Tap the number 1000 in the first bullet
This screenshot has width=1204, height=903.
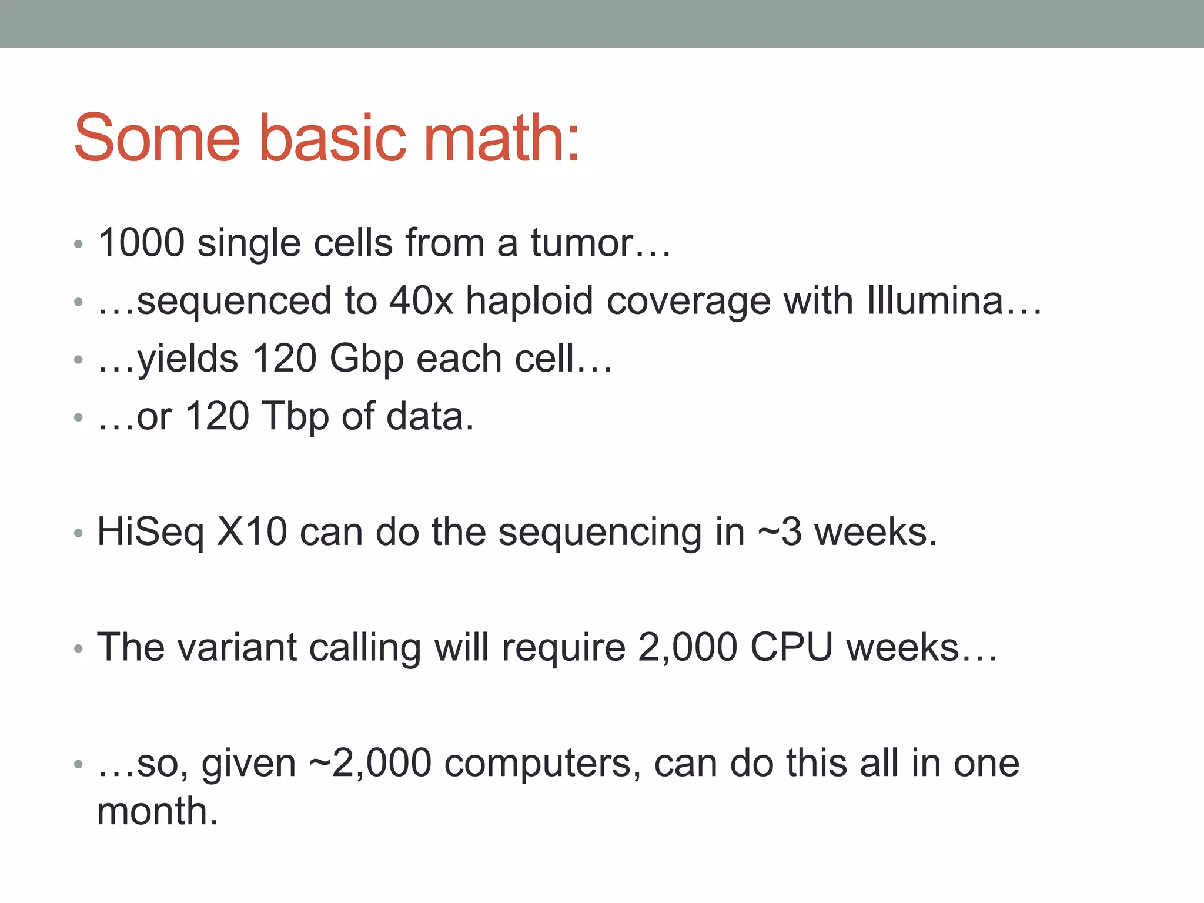[142, 242]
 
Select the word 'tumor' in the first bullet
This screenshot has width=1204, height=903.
[582, 242]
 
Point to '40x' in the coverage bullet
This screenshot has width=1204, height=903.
[421, 300]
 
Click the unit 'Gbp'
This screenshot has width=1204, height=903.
[366, 359]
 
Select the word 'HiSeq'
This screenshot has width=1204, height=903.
[150, 532]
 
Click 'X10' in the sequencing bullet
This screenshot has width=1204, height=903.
[252, 532]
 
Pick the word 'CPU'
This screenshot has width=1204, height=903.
[791, 647]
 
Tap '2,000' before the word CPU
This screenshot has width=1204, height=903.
[687, 647]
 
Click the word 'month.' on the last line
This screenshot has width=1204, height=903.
[158, 811]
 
